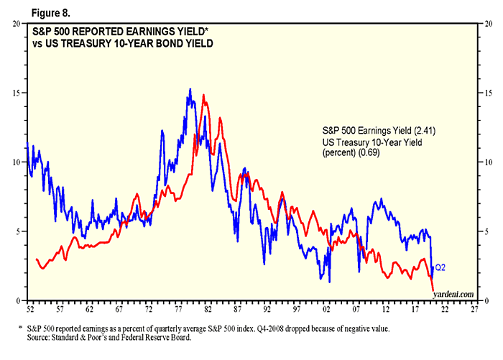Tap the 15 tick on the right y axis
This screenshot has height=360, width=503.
[x=486, y=93]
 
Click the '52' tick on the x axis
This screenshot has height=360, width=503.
[x=27, y=310]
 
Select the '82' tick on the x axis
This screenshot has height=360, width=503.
[x=206, y=310]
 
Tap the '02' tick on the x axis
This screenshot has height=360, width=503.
[x=326, y=310]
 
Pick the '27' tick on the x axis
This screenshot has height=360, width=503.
[x=475, y=310]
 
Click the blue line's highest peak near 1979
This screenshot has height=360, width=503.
[x=190, y=90]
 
